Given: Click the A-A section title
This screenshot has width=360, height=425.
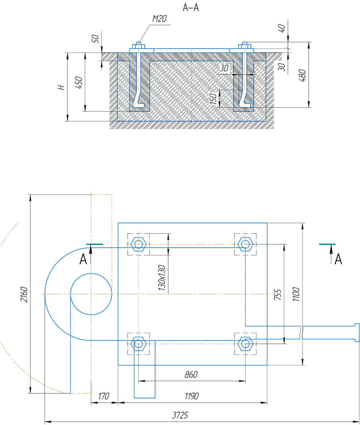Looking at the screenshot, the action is tap(191, 7).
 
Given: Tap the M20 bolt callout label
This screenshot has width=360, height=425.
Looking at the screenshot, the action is tap(160, 19).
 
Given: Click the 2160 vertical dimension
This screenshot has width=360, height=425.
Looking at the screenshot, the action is tap(24, 294).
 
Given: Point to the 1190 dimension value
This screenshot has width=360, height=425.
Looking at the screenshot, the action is tap(191, 396).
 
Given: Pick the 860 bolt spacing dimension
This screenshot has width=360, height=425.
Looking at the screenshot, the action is tap(191, 375).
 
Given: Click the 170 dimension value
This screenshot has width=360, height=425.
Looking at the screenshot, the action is tap(103, 396).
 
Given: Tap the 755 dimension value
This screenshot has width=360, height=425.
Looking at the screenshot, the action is tap(278, 295).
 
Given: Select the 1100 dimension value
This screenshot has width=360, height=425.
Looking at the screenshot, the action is tap(296, 294).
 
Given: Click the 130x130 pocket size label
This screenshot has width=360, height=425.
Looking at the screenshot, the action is tap(162, 278).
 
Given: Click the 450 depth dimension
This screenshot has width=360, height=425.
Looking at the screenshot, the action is tap(79, 83).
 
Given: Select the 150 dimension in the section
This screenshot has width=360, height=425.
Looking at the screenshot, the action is tap(213, 99).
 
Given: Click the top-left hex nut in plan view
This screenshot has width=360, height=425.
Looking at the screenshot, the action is tap(139, 244).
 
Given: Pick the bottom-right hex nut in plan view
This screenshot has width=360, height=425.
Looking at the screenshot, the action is tap(245, 344).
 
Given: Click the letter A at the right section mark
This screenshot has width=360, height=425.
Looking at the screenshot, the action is tap(338, 260).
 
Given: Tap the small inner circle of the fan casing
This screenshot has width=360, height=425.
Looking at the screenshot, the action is tap(91, 294).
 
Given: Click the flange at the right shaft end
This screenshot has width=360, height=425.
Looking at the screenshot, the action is tap(357, 333).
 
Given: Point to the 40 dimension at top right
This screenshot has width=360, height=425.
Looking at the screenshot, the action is tap(282, 28).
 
